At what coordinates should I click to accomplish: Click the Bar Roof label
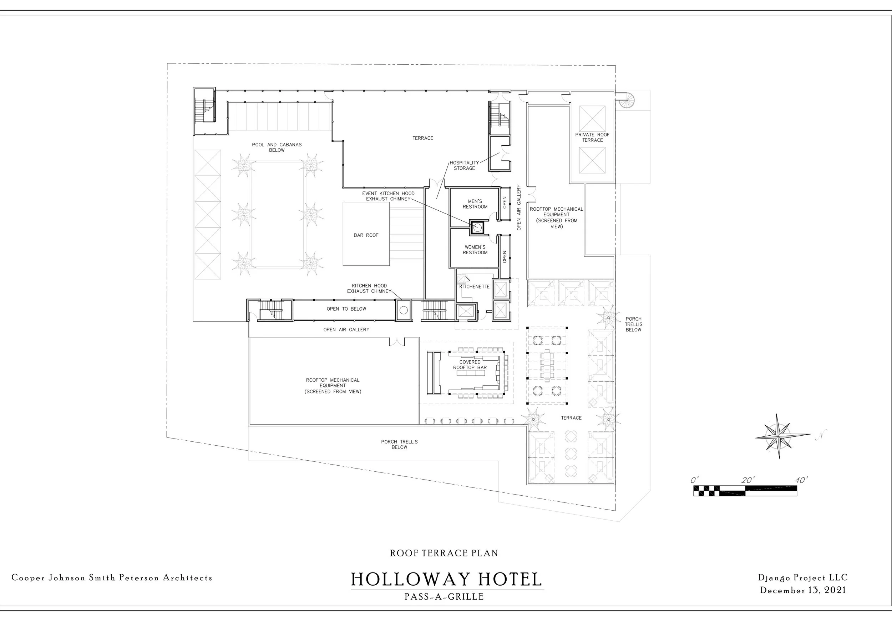click(366, 235)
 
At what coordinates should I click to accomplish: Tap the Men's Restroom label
click(475, 204)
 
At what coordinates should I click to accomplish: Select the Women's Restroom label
click(475, 250)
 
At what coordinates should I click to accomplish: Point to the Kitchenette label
click(474, 287)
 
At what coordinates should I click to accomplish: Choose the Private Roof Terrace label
click(592, 137)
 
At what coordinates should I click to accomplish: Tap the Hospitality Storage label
click(464, 165)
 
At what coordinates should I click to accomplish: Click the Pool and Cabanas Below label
click(277, 147)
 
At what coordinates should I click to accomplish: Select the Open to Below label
click(346, 309)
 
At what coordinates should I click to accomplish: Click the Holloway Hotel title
click(446, 579)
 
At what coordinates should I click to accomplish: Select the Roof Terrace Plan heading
click(444, 553)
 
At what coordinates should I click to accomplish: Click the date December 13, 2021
click(803, 590)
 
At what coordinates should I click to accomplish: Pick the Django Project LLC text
click(803, 577)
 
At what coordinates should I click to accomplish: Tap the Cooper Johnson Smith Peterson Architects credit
click(112, 577)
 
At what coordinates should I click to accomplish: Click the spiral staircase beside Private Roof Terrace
click(626, 100)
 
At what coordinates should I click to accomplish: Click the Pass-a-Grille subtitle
click(444, 596)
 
